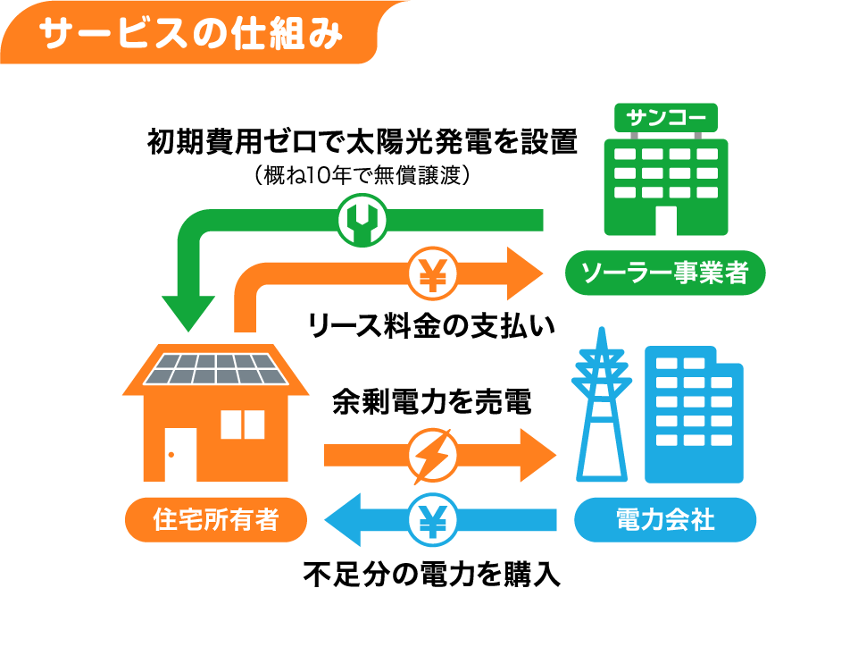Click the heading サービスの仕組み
pos(190,34)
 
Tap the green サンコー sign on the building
pos(665,117)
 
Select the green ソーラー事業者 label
pos(665,273)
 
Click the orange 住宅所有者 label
pos(216,519)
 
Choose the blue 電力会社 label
pos(665,519)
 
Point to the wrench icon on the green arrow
pos(362,220)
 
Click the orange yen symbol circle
pos(432,273)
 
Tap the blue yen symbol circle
pos(432,520)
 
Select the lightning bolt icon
pos(433,456)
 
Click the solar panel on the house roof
pos(216,369)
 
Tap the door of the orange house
pos(180,455)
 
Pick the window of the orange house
pos(243,424)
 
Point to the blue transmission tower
pos(602,406)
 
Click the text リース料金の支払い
pos(432,325)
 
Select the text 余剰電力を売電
pos(432,401)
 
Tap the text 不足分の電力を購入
pos(432,575)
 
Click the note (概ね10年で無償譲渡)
pos(362,175)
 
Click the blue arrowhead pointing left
pos(343,520)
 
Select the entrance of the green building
pos(666,220)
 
